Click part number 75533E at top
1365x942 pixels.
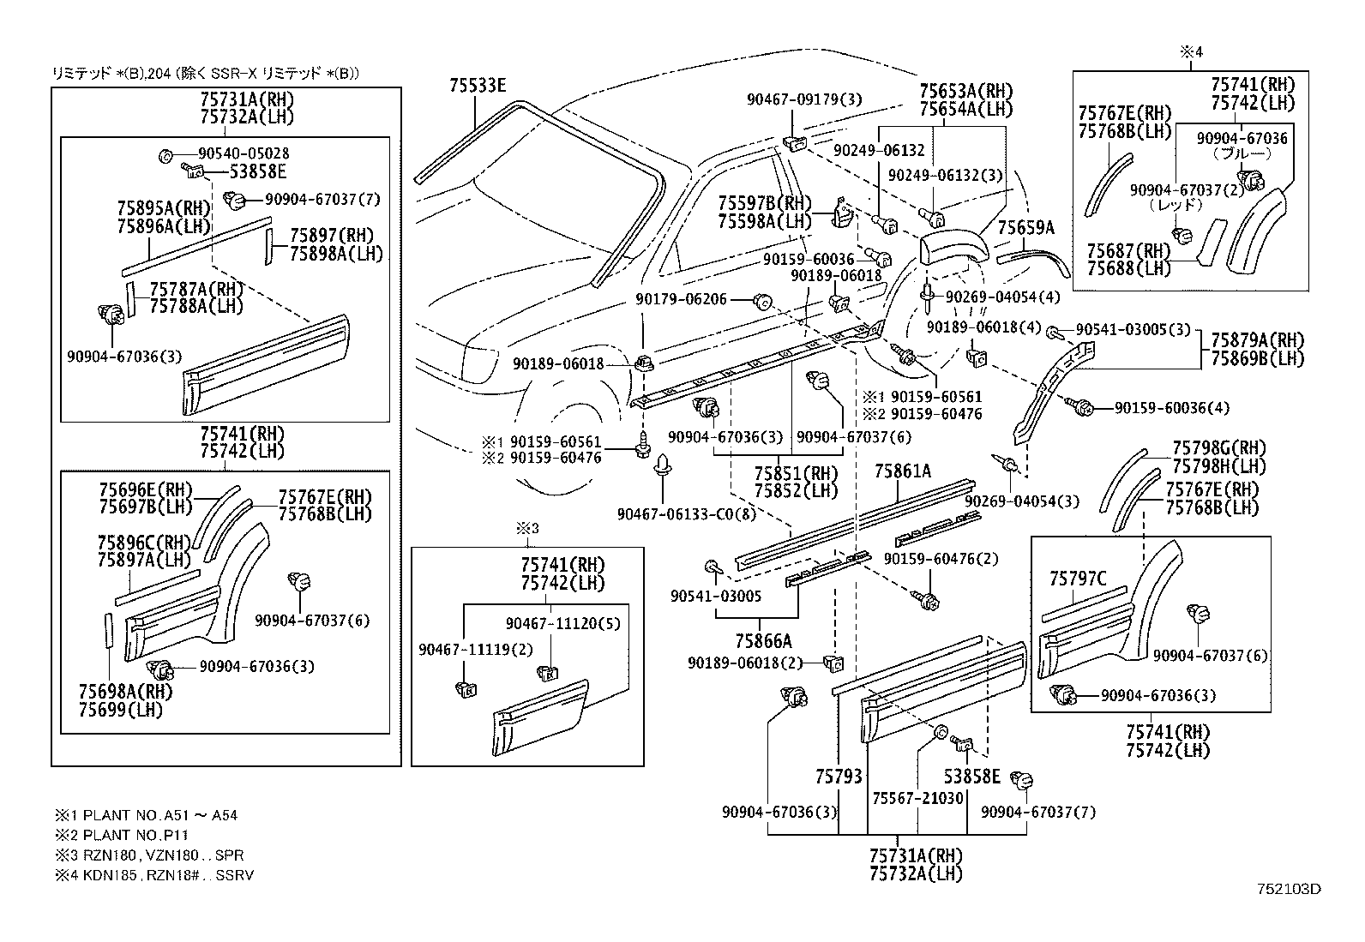tap(478, 85)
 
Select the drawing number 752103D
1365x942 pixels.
tap(1289, 889)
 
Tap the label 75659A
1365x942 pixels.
tap(1025, 227)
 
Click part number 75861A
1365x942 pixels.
tap(902, 471)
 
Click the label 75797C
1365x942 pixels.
tap(1078, 579)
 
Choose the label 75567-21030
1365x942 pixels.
tap(917, 797)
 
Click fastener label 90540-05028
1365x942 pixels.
tap(244, 153)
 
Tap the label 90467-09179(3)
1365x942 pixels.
tap(804, 100)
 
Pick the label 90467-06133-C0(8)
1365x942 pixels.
tap(687, 513)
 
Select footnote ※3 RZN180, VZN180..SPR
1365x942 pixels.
tap(149, 855)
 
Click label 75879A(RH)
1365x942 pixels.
tap(1257, 340)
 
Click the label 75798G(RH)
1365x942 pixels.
tap(1218, 448)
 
